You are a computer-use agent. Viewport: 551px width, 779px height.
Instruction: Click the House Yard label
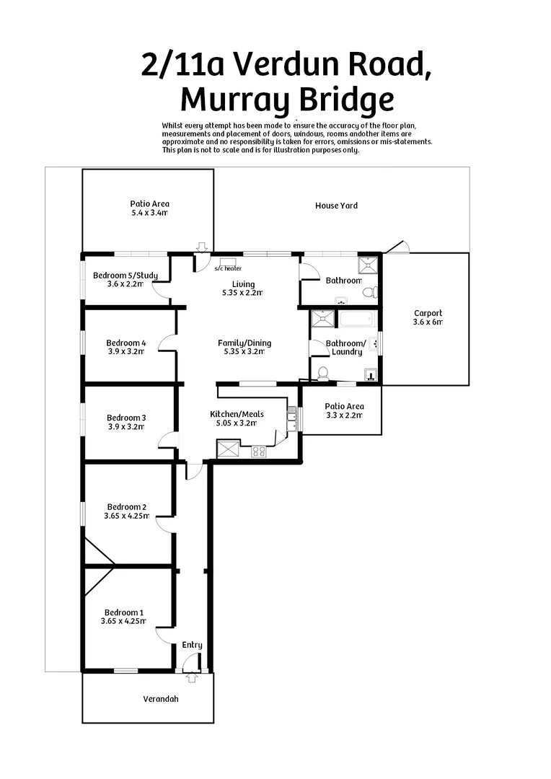336,206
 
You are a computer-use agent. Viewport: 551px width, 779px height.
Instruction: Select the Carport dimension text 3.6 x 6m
428,322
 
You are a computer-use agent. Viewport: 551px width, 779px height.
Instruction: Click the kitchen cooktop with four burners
258,452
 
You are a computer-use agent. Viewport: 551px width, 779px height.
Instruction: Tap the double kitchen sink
291,419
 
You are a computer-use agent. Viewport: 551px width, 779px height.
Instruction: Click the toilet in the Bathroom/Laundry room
323,373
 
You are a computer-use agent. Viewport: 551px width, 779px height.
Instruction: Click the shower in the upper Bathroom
369,265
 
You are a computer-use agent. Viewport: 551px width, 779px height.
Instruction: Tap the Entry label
192,645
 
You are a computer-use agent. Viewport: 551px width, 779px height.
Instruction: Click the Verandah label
160,699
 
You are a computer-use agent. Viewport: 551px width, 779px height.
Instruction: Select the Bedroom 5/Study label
119,275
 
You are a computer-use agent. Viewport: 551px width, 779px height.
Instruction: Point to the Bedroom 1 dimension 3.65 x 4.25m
123,621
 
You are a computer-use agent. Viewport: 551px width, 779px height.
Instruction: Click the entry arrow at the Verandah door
192,677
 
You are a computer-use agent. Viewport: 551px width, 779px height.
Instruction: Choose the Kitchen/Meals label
237,414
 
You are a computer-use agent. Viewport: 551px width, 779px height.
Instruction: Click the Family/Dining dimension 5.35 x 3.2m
244,352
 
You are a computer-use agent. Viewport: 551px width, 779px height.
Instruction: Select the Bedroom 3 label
126,418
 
